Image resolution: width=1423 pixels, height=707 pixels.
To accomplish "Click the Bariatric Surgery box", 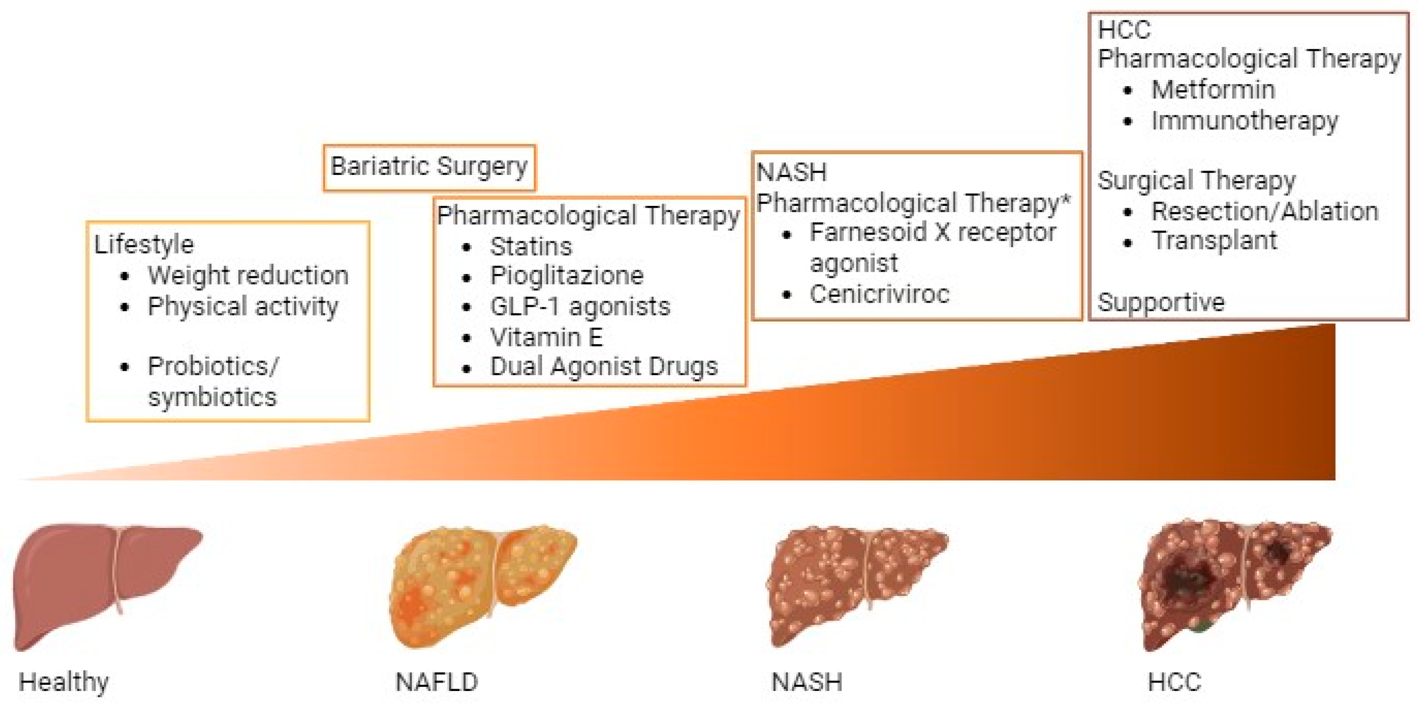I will click(429, 167).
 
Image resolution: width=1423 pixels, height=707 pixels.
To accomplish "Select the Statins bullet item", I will click(530, 247).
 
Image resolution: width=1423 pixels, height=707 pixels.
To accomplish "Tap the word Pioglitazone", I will click(566, 276).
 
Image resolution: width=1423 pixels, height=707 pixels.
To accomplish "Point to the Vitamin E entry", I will click(546, 337).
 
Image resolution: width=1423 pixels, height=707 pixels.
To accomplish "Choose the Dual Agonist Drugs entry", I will click(603, 367).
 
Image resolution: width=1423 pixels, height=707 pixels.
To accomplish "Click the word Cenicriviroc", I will click(879, 294).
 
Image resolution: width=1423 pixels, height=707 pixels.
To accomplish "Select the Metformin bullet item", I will click(1213, 90).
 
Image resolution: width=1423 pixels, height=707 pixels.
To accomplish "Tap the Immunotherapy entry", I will click(1244, 121).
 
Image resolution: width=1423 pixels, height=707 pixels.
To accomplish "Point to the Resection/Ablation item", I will click(1264, 212).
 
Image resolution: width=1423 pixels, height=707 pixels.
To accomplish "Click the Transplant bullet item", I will click(1214, 241).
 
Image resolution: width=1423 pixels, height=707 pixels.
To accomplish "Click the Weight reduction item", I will click(248, 275).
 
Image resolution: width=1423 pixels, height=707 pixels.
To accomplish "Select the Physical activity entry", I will click(242, 307).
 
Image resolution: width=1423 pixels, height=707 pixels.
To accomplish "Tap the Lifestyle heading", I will click(144, 244).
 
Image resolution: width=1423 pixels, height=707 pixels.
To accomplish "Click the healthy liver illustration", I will click(105, 585).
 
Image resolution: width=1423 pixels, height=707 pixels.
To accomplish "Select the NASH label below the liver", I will click(807, 682).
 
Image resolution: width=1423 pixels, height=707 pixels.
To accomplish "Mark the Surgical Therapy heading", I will click(1196, 181).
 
